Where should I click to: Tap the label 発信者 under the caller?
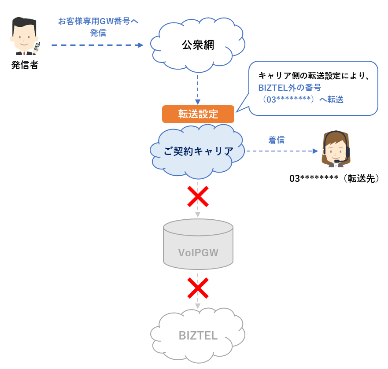point(25,66)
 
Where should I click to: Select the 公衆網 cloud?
point(198,45)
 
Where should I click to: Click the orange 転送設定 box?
point(198,114)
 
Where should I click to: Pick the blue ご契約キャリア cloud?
point(198,151)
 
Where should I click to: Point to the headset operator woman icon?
point(336,149)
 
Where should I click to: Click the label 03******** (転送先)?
point(334,179)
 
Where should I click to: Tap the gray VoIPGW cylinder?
point(198,244)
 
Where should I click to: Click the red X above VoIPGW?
point(198,196)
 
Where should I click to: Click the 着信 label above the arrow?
point(277,140)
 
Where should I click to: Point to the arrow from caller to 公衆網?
point(97,45)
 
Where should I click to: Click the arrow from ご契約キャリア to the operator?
point(282,151)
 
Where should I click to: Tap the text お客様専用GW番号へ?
point(98,21)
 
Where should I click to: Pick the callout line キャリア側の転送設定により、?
point(314,76)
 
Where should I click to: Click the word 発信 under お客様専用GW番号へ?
point(98,33)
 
